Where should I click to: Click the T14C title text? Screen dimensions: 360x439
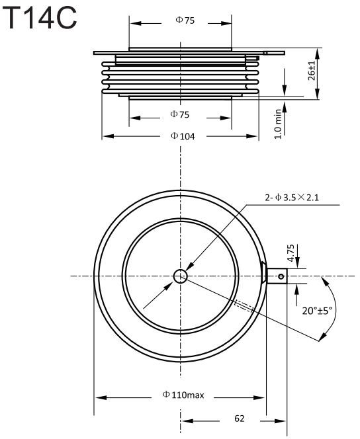click(x=40, y=19)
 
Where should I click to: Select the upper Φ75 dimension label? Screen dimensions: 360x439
click(x=185, y=20)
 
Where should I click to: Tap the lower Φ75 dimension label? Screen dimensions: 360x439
click(x=179, y=114)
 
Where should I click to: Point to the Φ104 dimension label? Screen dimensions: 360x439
click(x=183, y=136)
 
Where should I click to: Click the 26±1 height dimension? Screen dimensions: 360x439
click(x=311, y=70)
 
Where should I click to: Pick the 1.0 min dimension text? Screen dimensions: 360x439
click(x=277, y=124)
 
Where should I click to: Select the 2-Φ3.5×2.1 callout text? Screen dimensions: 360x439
click(x=292, y=198)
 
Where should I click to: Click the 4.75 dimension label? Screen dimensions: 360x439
click(x=291, y=253)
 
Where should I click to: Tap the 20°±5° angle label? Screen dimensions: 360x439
click(x=317, y=311)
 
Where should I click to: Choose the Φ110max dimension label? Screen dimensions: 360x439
click(x=183, y=395)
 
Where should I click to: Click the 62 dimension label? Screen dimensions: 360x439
click(x=240, y=419)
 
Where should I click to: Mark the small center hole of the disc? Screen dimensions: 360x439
click(x=180, y=276)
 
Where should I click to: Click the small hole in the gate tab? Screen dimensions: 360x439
click(x=281, y=276)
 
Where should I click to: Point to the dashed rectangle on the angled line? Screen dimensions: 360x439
click(x=244, y=305)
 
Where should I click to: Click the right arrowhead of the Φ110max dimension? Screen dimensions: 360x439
click(x=259, y=397)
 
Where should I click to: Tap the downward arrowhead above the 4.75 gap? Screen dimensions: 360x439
click(x=297, y=262)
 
